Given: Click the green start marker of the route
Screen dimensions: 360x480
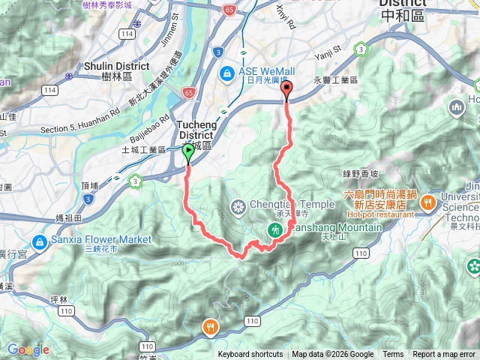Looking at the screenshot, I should pos(187,153).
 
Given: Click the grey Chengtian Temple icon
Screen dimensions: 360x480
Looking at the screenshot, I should pos(238,205).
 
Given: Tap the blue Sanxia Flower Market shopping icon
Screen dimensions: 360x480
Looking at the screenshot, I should pos(38,241).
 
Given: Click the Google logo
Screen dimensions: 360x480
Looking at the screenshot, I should pos(28,349).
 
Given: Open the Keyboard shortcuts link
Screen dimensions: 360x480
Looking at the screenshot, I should pos(250,355).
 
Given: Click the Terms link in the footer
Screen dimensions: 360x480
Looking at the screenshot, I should pos(393,355).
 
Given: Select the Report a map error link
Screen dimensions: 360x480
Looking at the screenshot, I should pos(443,355).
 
